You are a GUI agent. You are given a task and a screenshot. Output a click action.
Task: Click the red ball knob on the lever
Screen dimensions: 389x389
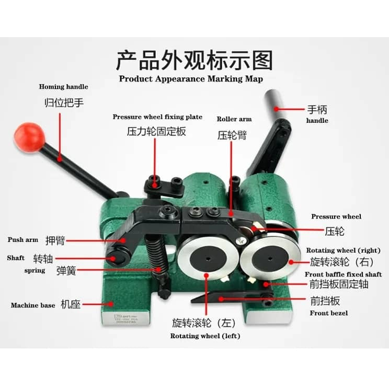click(29, 137)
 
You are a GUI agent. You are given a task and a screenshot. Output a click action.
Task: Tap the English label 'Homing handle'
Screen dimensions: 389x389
click(63, 87)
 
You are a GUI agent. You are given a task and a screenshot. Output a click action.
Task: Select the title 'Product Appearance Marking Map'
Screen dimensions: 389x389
click(191, 79)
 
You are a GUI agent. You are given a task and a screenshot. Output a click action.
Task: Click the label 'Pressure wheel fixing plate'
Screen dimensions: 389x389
click(157, 117)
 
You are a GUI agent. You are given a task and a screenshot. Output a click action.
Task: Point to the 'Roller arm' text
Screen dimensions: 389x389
click(234, 119)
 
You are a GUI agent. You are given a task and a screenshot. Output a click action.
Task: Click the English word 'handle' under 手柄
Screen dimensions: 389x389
click(317, 121)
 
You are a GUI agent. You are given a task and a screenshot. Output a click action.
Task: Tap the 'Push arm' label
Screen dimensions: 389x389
click(23, 239)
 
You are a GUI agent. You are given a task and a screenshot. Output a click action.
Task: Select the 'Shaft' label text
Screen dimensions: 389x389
click(16, 258)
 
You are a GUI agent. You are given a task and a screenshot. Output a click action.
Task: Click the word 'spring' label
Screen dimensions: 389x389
click(35, 270)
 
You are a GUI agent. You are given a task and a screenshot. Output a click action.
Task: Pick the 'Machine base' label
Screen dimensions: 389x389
click(33, 305)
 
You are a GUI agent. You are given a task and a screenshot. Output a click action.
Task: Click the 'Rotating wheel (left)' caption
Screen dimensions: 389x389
click(205, 336)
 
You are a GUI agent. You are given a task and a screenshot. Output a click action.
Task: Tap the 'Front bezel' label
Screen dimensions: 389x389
click(329, 313)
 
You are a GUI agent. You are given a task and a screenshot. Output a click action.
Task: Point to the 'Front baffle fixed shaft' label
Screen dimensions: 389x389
click(344, 274)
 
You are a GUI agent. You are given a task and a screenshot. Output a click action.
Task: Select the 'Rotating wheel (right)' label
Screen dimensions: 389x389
click(344, 250)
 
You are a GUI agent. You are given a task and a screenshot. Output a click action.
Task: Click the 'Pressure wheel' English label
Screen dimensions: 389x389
click(336, 216)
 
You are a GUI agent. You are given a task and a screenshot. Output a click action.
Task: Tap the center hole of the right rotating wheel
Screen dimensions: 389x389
click(270, 259)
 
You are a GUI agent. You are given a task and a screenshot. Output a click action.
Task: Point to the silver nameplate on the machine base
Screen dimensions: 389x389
click(126, 318)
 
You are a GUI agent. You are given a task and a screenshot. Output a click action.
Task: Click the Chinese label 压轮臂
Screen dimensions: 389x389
click(232, 135)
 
